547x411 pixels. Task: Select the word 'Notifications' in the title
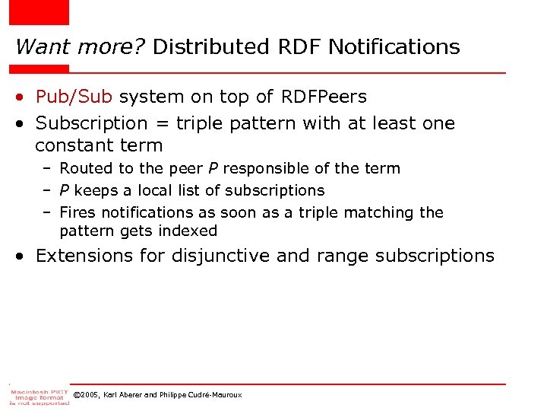pyautogui.click(x=396, y=47)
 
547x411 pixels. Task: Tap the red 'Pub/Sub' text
pyautogui.click(x=74, y=97)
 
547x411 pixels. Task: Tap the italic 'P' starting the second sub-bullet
pyautogui.click(x=64, y=190)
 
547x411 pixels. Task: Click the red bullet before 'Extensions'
pyautogui.click(x=24, y=256)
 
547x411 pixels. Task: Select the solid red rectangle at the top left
pyautogui.click(x=39, y=12)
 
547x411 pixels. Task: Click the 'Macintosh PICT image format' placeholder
pyautogui.click(x=40, y=396)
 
